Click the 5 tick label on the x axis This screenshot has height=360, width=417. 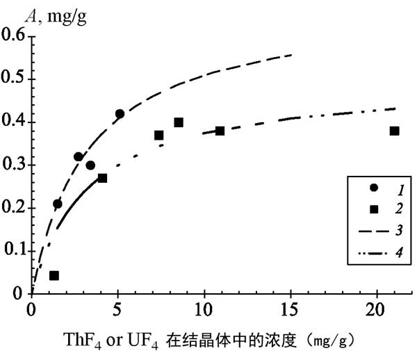[x=118, y=306]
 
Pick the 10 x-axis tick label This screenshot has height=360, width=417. [x=204, y=306]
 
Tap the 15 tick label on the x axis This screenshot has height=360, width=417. [x=291, y=306]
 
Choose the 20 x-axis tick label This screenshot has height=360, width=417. [x=377, y=306]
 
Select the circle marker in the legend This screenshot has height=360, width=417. [x=373, y=188]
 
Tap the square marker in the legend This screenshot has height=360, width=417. [x=373, y=208]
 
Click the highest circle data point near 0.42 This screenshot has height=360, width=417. [x=120, y=114]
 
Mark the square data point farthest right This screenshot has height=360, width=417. [x=394, y=131]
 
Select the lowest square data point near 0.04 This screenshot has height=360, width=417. [x=54, y=276]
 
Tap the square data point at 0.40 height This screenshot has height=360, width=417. [x=179, y=122]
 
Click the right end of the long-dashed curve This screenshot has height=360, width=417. [x=291, y=54]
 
